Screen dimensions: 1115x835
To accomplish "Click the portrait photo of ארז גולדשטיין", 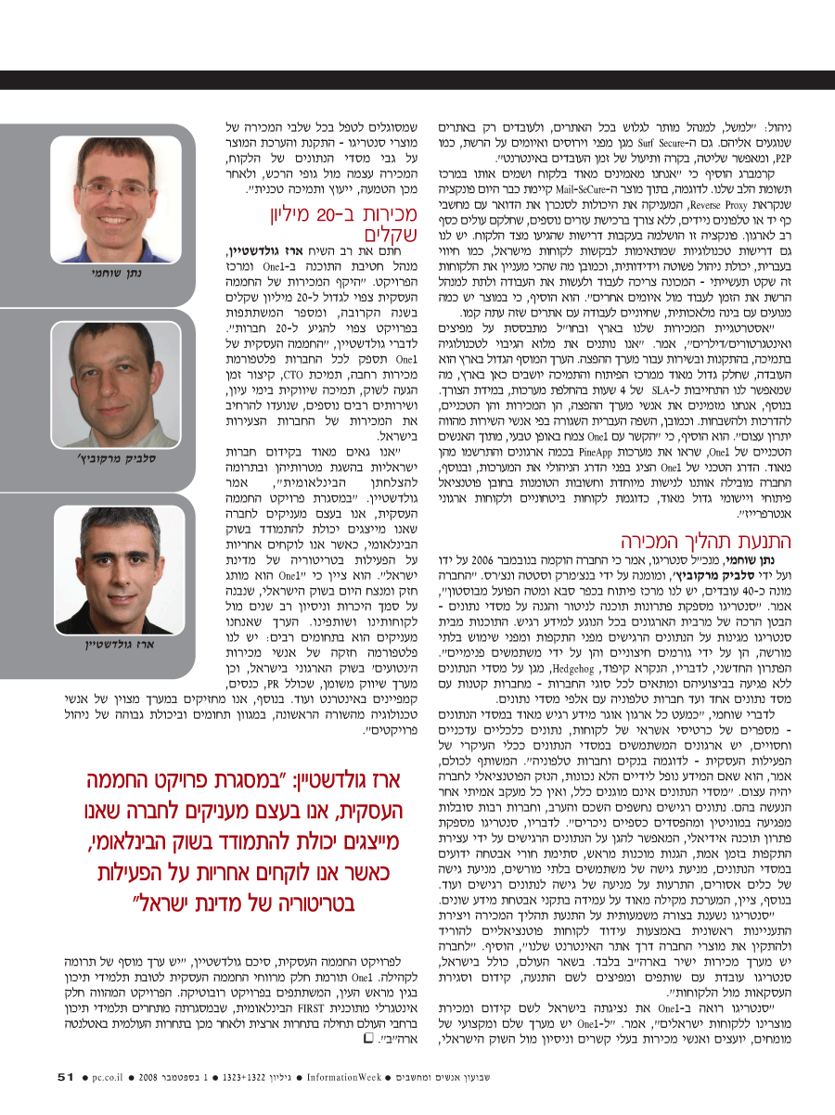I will coord(103,567).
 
